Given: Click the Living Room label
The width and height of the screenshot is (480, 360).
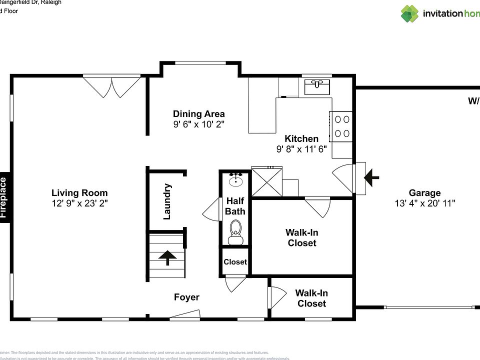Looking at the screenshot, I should click(x=79, y=193).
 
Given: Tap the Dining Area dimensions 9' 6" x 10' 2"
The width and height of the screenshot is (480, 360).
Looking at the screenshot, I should click(x=198, y=124).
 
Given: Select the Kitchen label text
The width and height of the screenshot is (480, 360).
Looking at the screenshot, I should click(x=301, y=138).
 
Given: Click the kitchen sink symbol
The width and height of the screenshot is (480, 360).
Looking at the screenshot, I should click(x=317, y=87).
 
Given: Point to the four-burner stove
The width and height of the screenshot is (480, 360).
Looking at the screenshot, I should click(x=340, y=126).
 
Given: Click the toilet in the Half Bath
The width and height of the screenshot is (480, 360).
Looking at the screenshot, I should click(x=235, y=230).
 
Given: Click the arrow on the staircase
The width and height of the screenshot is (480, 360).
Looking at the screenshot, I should click(x=167, y=257).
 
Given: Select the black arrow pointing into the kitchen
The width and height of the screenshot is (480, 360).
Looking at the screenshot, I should click(x=371, y=177).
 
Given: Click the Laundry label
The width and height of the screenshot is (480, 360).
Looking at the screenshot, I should click(x=167, y=201).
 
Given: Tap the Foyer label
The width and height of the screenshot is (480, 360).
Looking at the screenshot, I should click(x=186, y=297).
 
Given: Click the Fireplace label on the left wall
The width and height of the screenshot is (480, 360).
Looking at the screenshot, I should click(x=3, y=197).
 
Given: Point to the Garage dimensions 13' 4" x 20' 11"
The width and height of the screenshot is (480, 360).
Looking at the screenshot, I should click(x=424, y=203).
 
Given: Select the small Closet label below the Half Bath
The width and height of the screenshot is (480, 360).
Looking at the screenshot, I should click(x=235, y=262).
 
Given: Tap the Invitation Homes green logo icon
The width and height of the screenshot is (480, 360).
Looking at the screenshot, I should click(x=409, y=13).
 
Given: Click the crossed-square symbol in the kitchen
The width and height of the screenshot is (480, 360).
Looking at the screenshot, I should click(x=266, y=181).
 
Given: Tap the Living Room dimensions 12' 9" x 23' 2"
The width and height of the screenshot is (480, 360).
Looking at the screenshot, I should click(x=79, y=203).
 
